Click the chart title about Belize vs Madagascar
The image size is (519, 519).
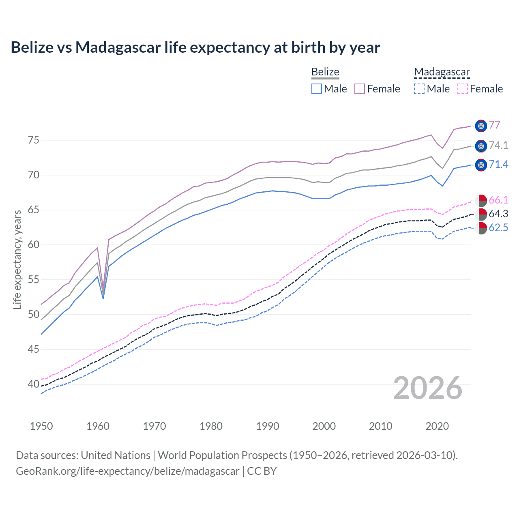[195, 47]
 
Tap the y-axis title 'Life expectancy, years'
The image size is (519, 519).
[17, 259]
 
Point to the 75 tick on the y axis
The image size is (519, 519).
[34, 140]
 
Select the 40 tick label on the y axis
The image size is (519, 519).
[34, 384]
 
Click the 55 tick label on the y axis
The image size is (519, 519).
[34, 280]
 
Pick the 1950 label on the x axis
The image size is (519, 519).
[41, 426]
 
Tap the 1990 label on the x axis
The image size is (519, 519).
[268, 426]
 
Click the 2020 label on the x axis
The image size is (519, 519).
[437, 426]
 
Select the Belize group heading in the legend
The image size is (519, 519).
[325, 72]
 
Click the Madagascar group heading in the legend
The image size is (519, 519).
[442, 72]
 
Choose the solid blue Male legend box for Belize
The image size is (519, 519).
[317, 89]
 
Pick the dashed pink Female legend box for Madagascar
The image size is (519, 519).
[463, 89]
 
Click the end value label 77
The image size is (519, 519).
[494, 125]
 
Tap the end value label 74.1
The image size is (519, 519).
[498, 145]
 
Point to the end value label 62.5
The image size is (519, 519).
[498, 228]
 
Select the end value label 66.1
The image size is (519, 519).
[498, 200]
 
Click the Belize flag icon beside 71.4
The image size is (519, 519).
[481, 165]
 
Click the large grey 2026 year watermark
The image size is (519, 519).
[427, 388]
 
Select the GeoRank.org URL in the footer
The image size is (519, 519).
[127, 471]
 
